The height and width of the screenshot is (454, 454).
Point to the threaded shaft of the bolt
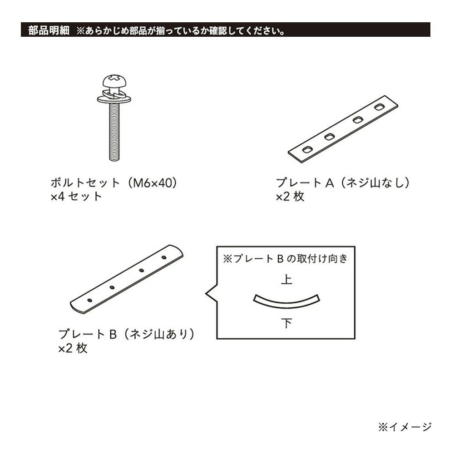114,132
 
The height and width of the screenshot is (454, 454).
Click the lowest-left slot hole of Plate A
307,149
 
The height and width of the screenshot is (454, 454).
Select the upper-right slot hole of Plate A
379,107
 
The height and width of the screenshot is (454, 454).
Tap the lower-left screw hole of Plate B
90,300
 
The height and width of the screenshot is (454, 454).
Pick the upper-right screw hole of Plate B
164,257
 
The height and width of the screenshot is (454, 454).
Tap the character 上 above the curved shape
286,280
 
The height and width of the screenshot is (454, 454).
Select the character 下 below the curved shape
286,323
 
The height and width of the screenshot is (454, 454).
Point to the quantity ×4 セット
76,197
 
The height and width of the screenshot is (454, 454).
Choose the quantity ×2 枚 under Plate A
290,197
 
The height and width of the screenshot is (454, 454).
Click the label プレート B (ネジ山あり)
127,334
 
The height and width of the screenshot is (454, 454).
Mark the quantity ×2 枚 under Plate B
73,348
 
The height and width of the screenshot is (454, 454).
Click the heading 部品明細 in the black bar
49,30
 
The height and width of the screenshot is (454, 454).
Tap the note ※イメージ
405,427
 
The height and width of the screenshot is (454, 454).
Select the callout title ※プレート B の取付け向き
285,259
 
